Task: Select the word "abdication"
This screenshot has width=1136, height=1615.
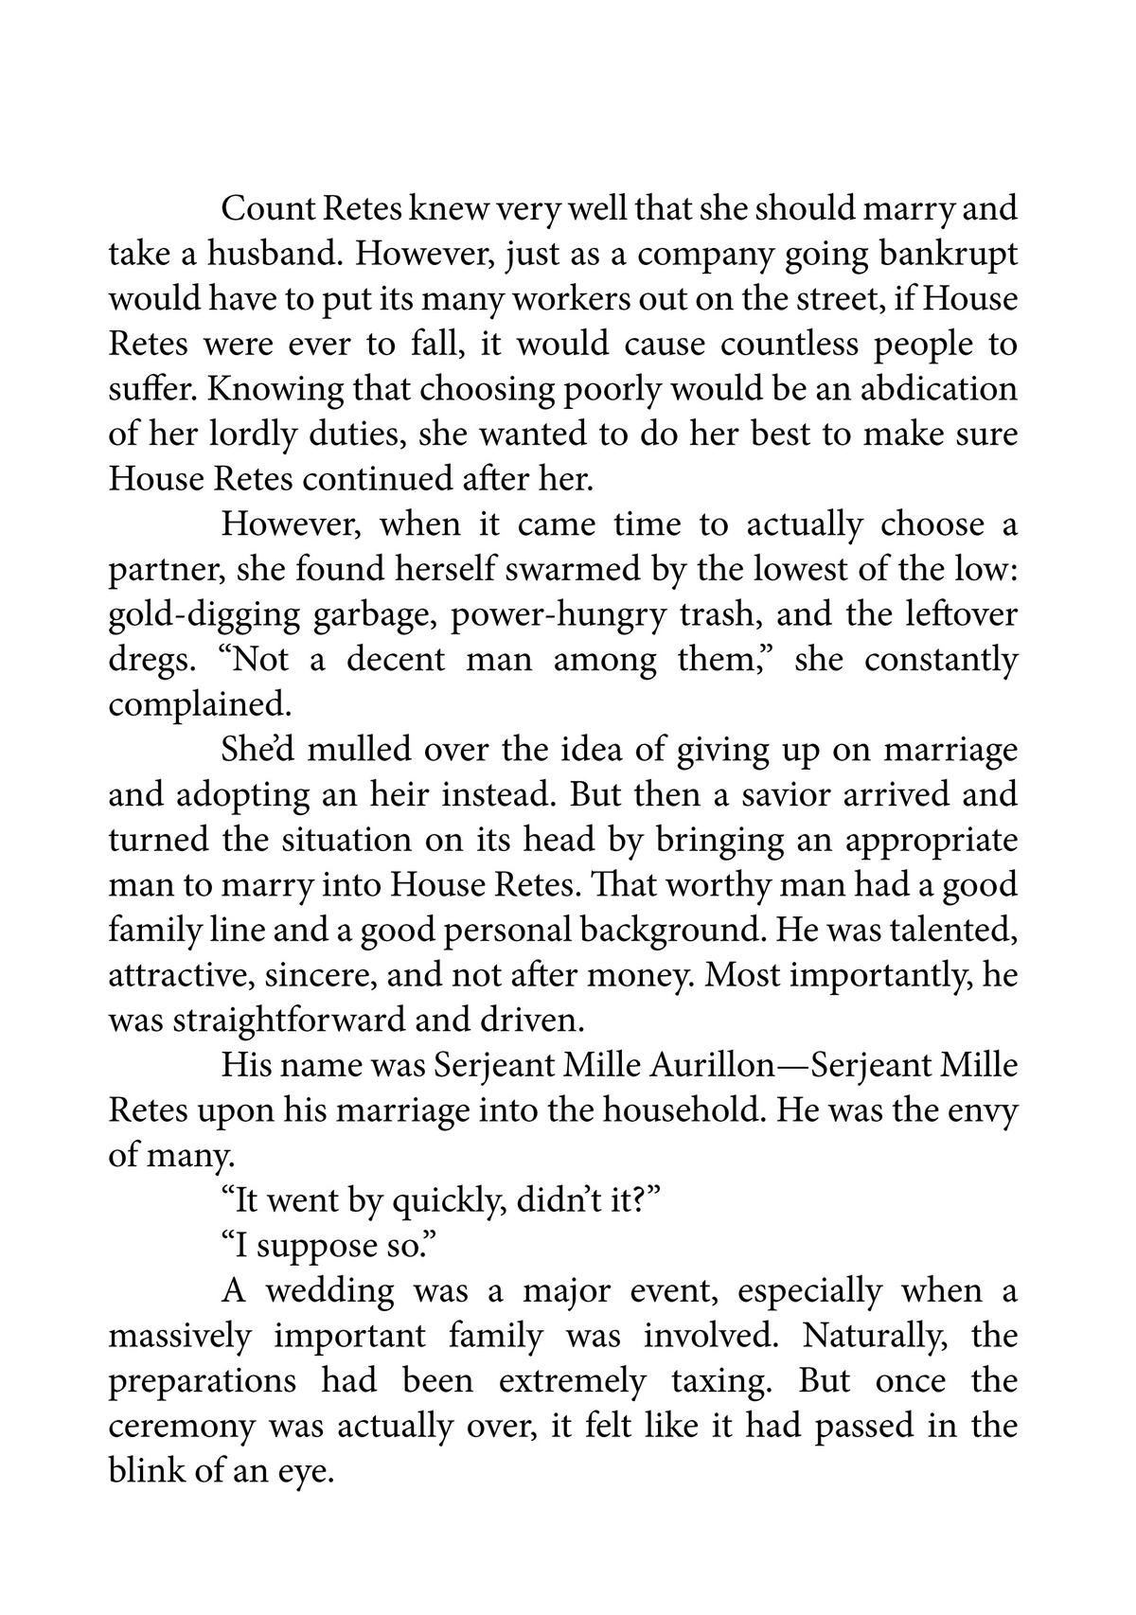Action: click(x=924, y=390)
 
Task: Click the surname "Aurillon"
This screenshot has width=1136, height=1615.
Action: click(x=713, y=1066)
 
